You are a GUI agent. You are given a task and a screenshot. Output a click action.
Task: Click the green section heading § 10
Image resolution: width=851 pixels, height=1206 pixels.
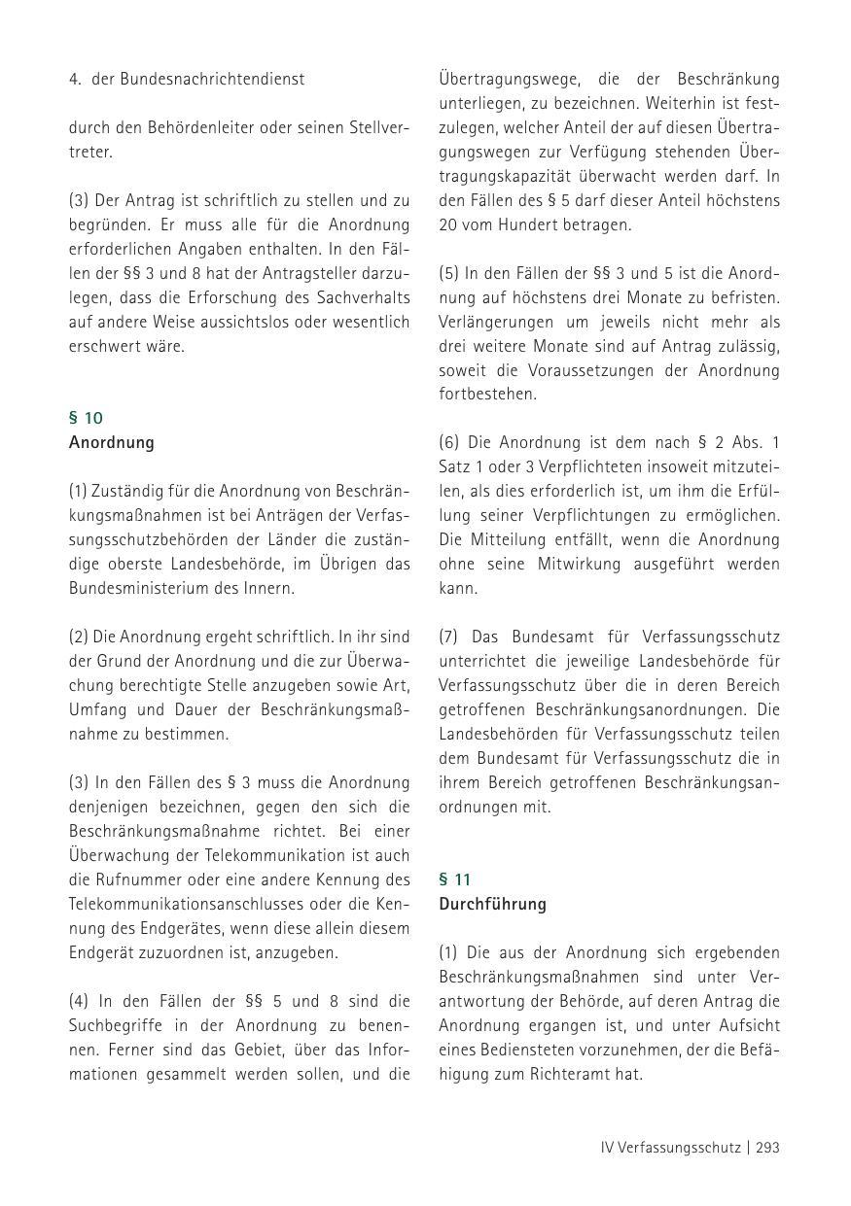[x=86, y=418]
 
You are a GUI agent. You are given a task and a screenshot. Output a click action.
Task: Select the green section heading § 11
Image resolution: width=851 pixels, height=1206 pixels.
[x=455, y=879]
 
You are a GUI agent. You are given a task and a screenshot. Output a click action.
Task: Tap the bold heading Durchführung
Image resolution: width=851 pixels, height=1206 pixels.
[x=492, y=904]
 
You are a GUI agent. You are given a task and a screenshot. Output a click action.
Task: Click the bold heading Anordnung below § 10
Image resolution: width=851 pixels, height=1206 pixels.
[x=112, y=442]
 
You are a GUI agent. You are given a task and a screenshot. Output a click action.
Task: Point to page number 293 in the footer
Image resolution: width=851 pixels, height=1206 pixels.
[x=767, y=1148]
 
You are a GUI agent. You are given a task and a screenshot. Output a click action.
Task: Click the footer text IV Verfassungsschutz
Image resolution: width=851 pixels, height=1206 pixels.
[x=670, y=1148]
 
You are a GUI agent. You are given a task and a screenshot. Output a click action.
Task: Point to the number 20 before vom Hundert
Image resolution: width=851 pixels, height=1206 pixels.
[x=448, y=224]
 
